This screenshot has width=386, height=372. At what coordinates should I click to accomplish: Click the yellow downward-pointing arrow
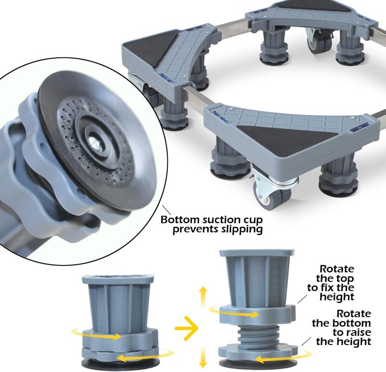[x=203, y=358]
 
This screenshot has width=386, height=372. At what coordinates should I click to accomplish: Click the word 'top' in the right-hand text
[x=344, y=279]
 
